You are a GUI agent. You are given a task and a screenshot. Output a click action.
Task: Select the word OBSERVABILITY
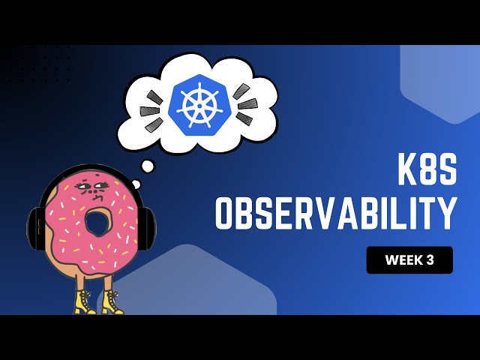(335, 213)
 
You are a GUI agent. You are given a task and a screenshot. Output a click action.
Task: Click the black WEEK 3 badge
(409, 260)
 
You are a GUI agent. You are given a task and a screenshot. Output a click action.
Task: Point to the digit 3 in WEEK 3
(430, 260)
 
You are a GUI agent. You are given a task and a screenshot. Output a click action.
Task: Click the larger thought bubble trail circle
(148, 166)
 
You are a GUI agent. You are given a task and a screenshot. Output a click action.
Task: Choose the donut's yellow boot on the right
(112, 302)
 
